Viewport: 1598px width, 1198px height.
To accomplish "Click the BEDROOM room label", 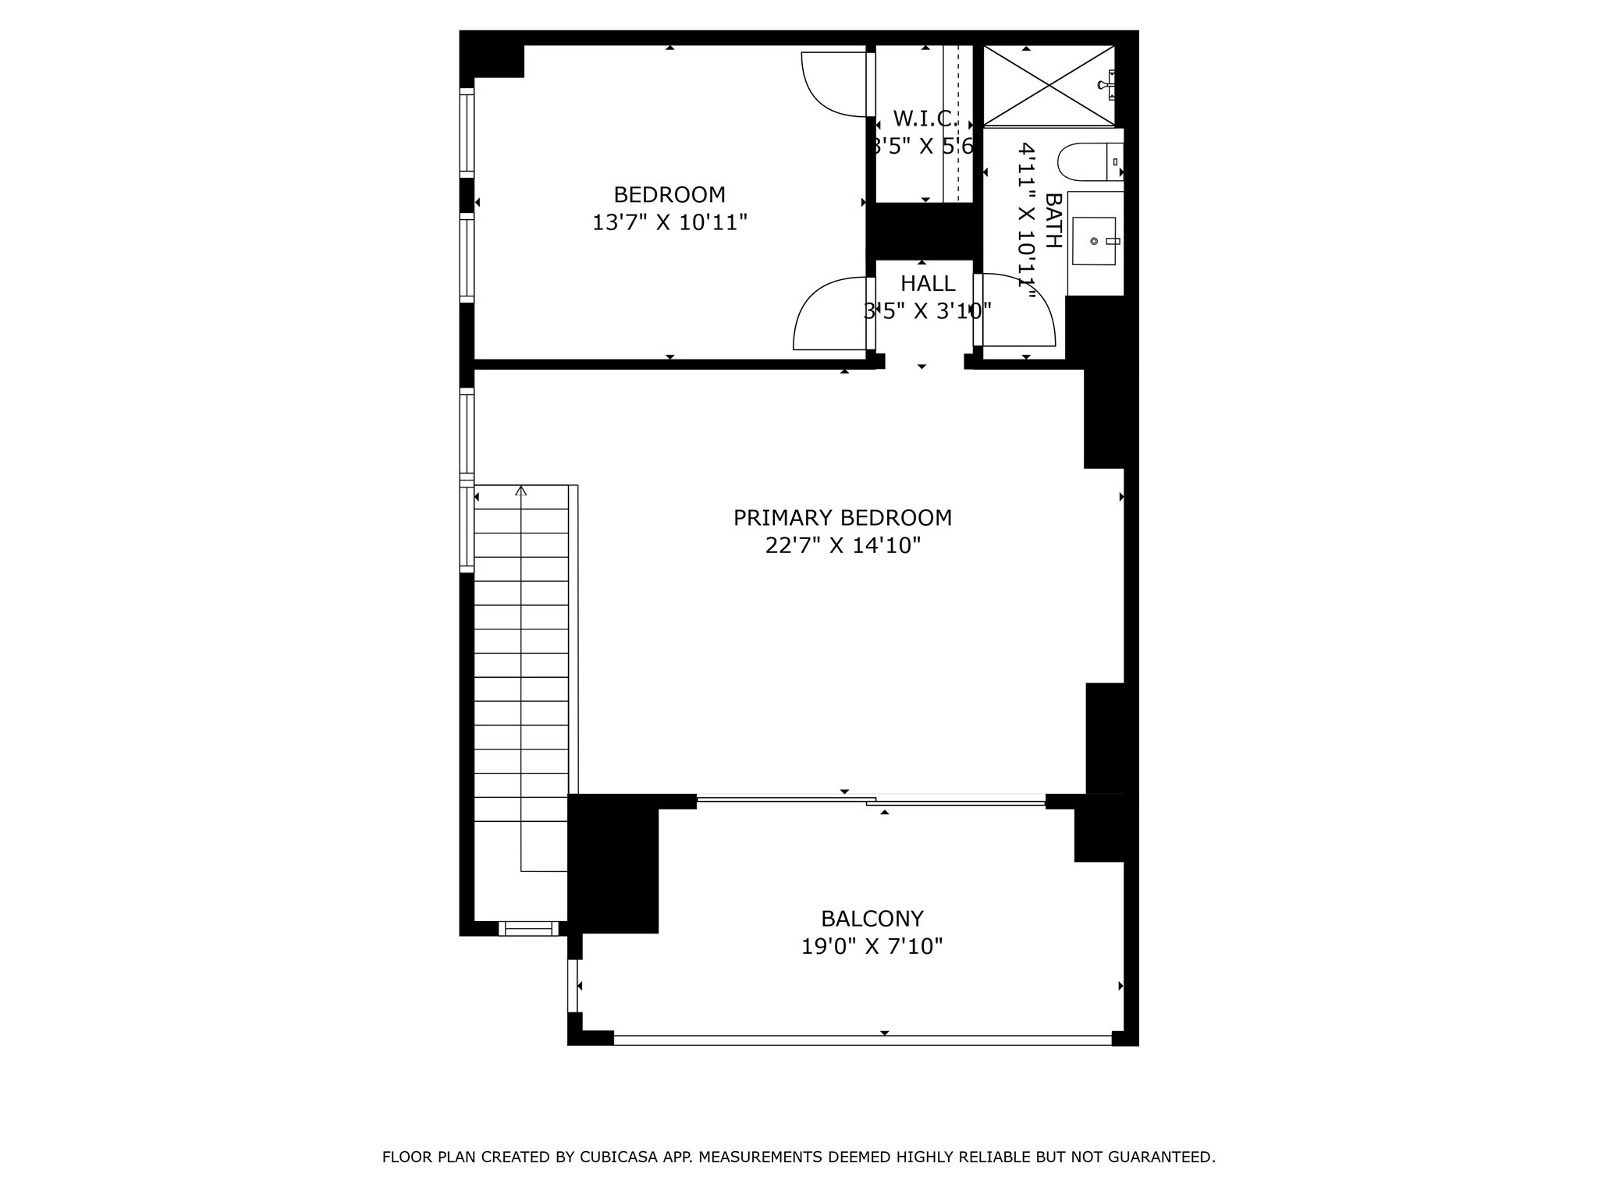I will point(669,194).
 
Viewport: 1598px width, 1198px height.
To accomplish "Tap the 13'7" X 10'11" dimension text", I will point(669,223).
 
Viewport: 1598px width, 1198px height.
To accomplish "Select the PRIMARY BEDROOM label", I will point(842,518).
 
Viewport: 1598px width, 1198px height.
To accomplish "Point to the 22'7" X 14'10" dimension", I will point(843,546).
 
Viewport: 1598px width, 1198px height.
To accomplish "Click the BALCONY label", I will point(872,918).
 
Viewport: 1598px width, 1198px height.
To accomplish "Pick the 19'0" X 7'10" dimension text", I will point(872,947).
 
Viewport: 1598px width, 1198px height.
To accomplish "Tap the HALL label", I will point(928,283).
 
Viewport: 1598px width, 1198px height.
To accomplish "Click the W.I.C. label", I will point(925,119).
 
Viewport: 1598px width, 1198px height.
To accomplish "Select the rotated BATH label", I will point(1053,221).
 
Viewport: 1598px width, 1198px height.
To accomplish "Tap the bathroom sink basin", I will point(1094,242).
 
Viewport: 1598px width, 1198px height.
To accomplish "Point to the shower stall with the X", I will point(1048,85).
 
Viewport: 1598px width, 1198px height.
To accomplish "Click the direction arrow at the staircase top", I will point(521,491).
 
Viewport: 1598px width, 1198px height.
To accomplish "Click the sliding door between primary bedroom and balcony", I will point(871,799).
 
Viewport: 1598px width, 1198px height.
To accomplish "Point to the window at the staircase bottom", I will point(528,928).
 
